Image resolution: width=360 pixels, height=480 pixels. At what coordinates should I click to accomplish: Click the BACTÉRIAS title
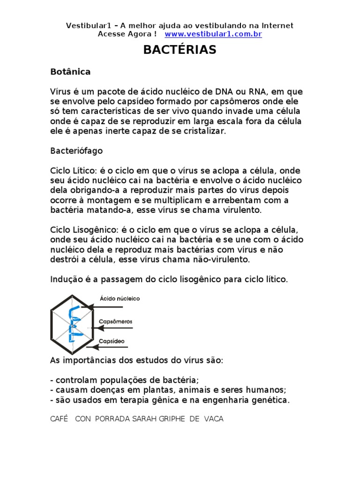tap(180, 50)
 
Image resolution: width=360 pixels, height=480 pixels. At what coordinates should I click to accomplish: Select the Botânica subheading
tap(70, 72)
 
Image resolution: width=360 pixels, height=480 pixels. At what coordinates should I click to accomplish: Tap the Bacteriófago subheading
tap(76, 151)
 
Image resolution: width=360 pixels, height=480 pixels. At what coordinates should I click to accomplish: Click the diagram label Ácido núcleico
tap(120, 299)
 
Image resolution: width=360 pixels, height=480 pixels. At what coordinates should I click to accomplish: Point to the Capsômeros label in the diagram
tap(116, 322)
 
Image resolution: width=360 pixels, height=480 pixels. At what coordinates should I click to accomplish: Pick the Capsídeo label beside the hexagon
tap(112, 341)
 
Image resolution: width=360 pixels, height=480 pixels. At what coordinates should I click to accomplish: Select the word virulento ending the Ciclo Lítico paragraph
tap(242, 210)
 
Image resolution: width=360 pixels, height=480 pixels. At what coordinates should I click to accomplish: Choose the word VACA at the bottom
tap(214, 419)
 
